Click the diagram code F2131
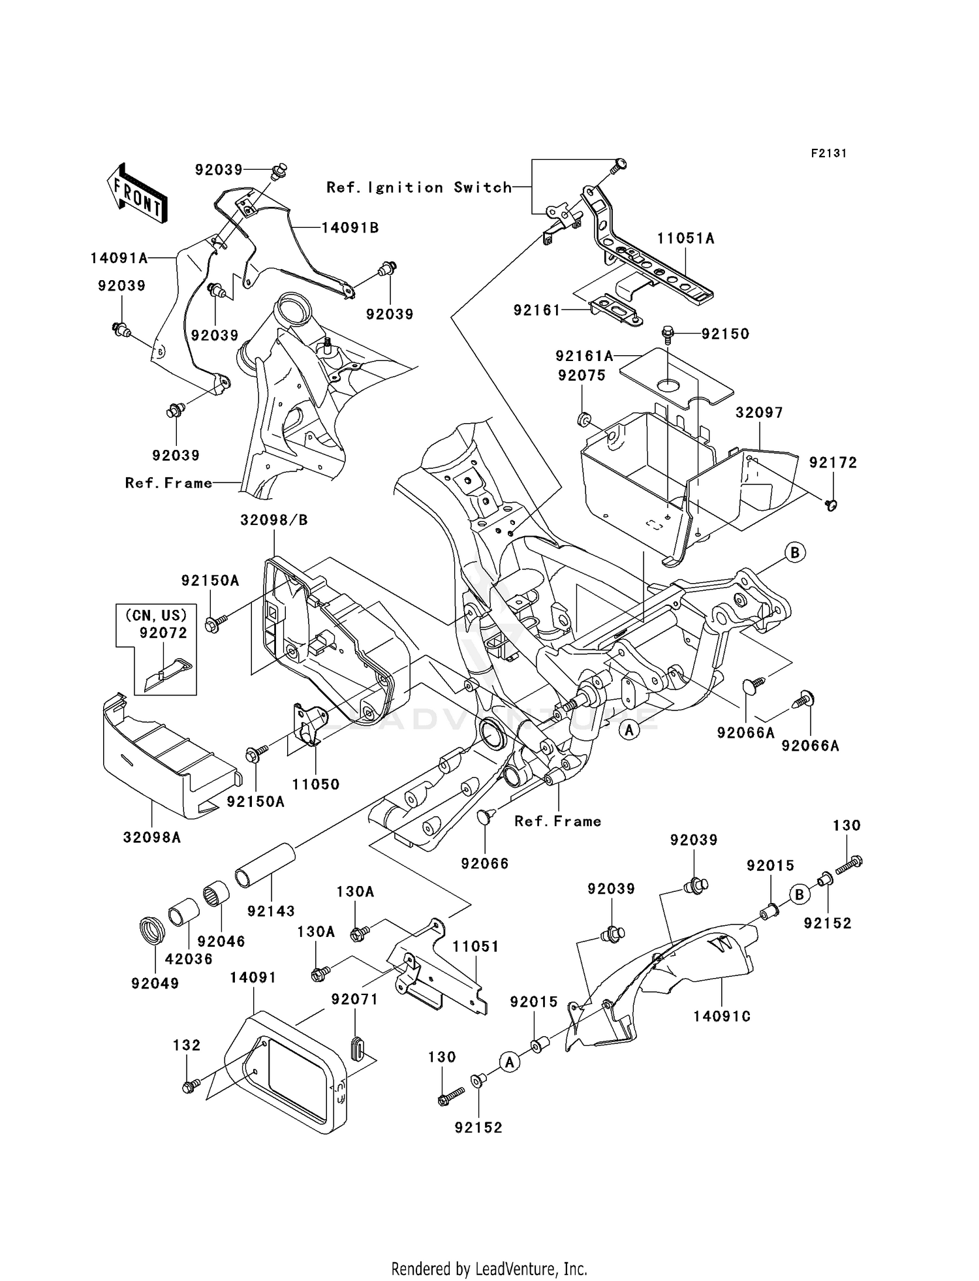click(828, 153)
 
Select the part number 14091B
click(350, 228)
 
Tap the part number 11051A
click(685, 239)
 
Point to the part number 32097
click(759, 413)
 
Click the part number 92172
click(833, 462)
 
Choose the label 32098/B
click(273, 520)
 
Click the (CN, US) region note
click(156, 615)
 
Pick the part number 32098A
click(151, 837)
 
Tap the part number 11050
click(316, 784)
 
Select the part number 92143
click(271, 911)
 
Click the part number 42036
click(189, 959)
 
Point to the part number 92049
click(155, 983)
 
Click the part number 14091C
click(722, 1017)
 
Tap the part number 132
click(187, 1045)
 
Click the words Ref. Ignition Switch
click(419, 187)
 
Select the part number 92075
click(581, 375)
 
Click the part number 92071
click(354, 1000)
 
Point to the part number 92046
click(221, 941)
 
